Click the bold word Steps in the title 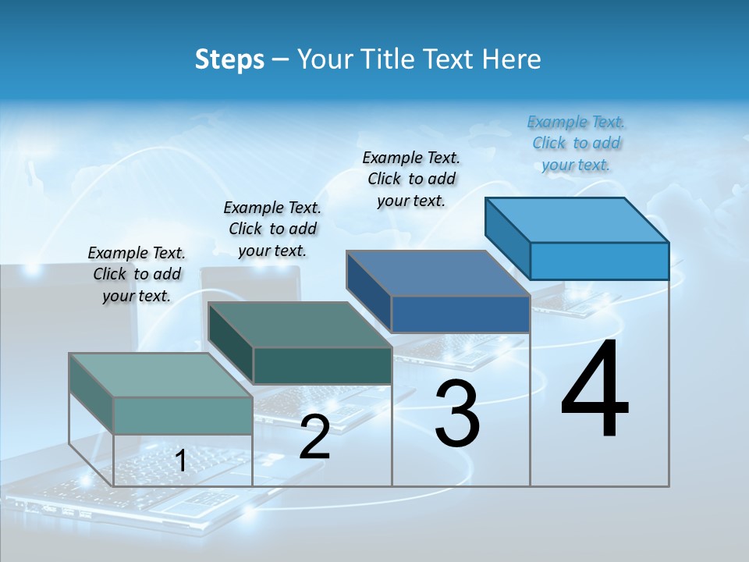[229, 59]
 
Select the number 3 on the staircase [456, 414]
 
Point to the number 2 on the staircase [314, 437]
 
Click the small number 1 [180, 461]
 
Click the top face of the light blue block [577, 219]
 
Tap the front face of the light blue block [599, 261]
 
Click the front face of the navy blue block [460, 314]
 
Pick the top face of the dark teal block [300, 324]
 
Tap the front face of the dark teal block [322, 365]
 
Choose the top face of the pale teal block [161, 375]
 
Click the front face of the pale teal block [183, 415]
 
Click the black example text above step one [137, 274]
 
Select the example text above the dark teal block [272, 229]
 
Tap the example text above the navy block [411, 179]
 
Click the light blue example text [576, 143]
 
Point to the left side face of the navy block [368, 291]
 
